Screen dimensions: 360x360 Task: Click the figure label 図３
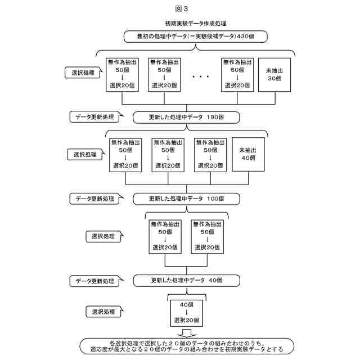(180, 8)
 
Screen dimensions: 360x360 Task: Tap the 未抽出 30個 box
(274, 75)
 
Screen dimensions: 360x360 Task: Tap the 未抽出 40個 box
(248, 154)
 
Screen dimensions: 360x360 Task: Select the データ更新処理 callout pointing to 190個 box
(94, 118)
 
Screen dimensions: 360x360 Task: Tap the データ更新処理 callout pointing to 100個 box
(94, 199)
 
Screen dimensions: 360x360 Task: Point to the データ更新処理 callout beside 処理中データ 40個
(94, 280)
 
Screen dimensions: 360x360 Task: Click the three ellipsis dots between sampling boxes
(200, 76)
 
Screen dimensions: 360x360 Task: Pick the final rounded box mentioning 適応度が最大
(187, 346)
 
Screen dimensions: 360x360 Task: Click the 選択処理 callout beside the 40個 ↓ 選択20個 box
(103, 312)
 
